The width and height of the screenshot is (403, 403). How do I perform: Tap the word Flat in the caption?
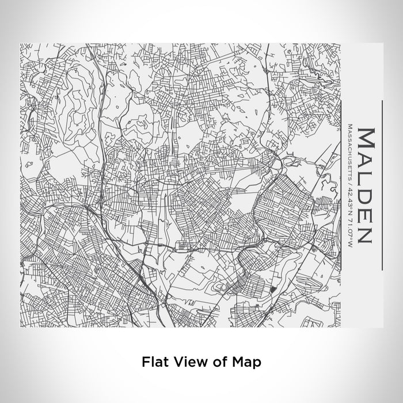click(155, 362)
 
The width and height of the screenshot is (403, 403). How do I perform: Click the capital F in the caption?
click(146, 362)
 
